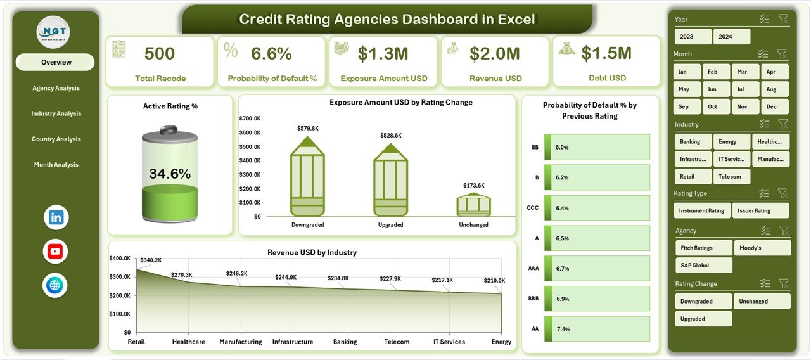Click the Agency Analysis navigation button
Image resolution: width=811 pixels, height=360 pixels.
pos(56,88)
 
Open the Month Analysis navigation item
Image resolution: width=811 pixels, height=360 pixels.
pos(56,165)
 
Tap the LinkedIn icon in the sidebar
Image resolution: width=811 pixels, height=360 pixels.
pos(56,217)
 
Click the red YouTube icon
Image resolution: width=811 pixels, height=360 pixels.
pos(56,252)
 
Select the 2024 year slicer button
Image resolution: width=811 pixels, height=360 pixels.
pos(731,37)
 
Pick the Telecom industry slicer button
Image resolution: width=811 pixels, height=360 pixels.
pos(731,176)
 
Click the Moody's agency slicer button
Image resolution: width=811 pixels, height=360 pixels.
pos(762,248)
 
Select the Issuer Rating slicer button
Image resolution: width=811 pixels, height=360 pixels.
pos(760,210)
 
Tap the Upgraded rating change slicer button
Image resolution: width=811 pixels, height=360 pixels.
pos(703,319)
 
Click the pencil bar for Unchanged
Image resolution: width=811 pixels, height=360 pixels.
pos(474,205)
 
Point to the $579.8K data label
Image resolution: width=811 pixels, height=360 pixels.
pos(307,129)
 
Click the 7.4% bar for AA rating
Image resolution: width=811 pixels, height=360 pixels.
pos(596,329)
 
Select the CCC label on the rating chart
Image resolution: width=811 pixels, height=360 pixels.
pos(533,208)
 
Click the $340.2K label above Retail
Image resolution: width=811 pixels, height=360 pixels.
pos(150,260)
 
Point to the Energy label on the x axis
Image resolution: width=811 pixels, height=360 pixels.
pos(501,342)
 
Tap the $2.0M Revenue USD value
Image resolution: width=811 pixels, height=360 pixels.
pos(495,54)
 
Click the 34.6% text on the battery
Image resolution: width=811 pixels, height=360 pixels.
pos(169,174)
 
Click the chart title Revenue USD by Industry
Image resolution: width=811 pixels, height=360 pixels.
pos(312,252)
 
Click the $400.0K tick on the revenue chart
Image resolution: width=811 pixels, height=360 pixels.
pos(120,259)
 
